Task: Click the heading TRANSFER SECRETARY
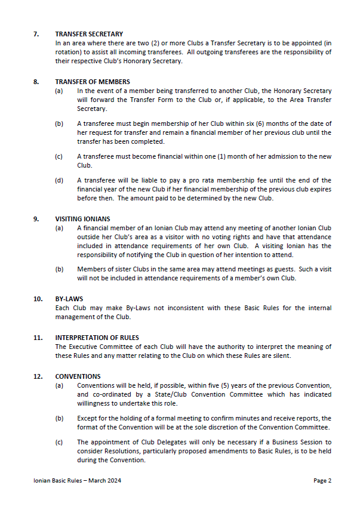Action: pos(89,34)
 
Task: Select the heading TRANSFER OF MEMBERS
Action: pos(93,81)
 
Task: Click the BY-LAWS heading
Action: pos(69,299)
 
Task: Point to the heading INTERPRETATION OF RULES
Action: pos(97,338)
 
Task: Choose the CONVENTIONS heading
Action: pos(78,376)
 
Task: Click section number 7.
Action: pos(36,34)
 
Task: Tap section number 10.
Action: pos(37,299)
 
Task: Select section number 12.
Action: pos(37,376)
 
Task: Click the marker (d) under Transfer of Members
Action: pos(59,180)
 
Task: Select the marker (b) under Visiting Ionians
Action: pos(59,269)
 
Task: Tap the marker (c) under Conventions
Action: pos(59,442)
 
